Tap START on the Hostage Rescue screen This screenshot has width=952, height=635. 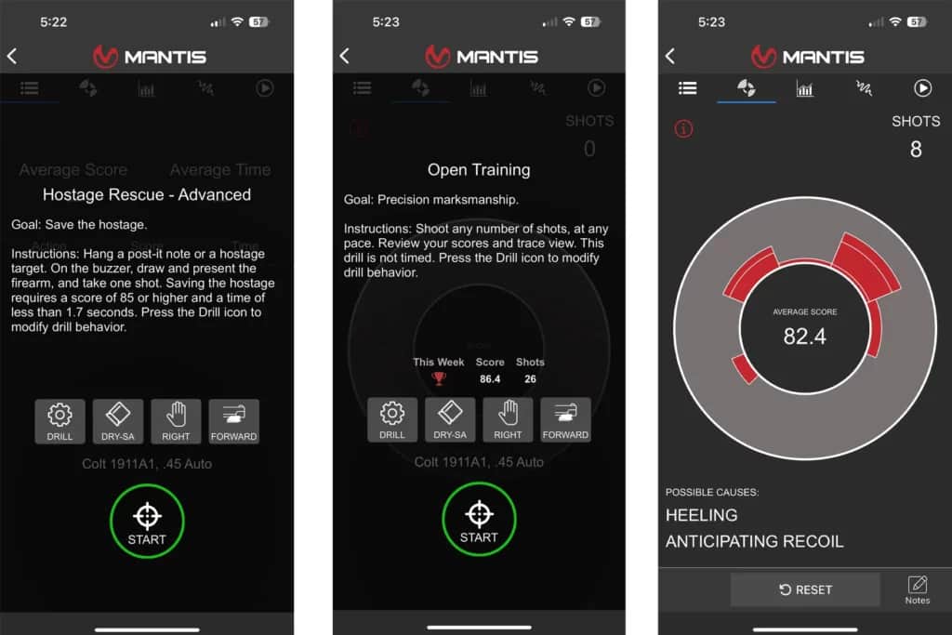tap(147, 521)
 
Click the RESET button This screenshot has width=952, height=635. tap(805, 589)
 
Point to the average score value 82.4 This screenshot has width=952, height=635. tap(804, 336)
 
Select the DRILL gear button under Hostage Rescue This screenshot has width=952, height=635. tap(59, 421)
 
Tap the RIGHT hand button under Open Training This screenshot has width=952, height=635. tap(508, 420)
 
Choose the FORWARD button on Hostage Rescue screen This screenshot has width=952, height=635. tap(233, 421)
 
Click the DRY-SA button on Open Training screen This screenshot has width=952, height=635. tap(450, 420)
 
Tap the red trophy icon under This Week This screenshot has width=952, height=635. tap(439, 378)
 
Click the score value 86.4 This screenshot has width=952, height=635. tap(490, 379)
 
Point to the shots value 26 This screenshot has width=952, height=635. tap(530, 379)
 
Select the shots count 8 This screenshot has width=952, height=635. tap(916, 150)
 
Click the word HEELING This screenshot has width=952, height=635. tap(702, 515)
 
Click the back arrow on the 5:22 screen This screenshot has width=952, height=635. tap(12, 57)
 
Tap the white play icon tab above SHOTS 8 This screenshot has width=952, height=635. tap(922, 88)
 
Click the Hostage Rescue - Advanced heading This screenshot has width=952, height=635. tap(147, 195)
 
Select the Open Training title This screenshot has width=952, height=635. tap(479, 170)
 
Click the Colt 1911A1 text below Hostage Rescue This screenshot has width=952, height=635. tap(147, 463)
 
